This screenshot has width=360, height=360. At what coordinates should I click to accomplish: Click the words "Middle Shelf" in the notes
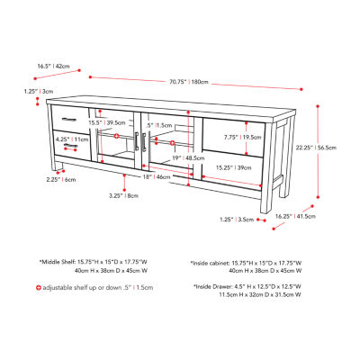[x=62, y=261]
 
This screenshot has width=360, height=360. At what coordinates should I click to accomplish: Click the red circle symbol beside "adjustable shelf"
[x=38, y=287]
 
